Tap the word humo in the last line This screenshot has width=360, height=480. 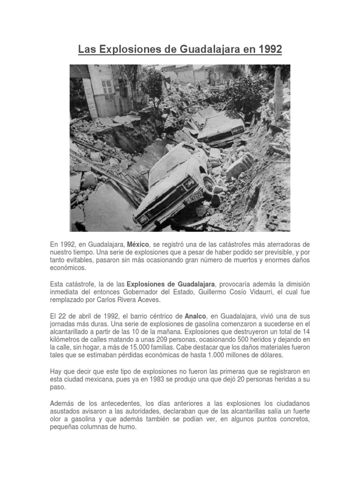click(x=128, y=427)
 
